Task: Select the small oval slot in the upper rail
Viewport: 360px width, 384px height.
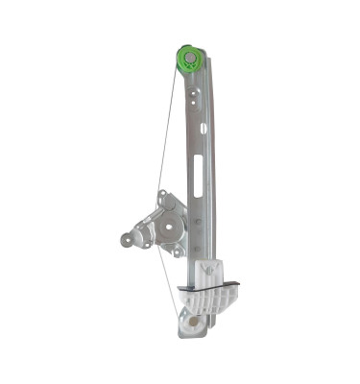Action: [x=204, y=128]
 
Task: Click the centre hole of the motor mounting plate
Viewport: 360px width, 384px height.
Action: [x=168, y=228]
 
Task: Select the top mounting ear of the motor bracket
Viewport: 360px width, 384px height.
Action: [x=163, y=198]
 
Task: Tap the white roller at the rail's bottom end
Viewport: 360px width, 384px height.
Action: [x=191, y=324]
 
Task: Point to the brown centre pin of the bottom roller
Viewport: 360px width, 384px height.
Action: [x=193, y=324]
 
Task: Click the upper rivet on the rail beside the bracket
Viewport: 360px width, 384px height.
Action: [x=197, y=221]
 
